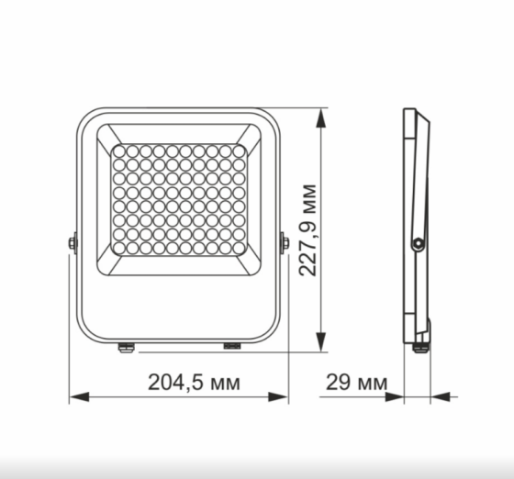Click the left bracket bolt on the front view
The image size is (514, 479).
(x=72, y=243)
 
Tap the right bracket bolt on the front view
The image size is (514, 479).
(x=285, y=243)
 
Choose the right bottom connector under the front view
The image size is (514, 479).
(x=230, y=347)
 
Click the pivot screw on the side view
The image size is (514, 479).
(x=418, y=243)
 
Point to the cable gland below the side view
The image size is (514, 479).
(x=421, y=347)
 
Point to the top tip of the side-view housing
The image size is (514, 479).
(x=410, y=112)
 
